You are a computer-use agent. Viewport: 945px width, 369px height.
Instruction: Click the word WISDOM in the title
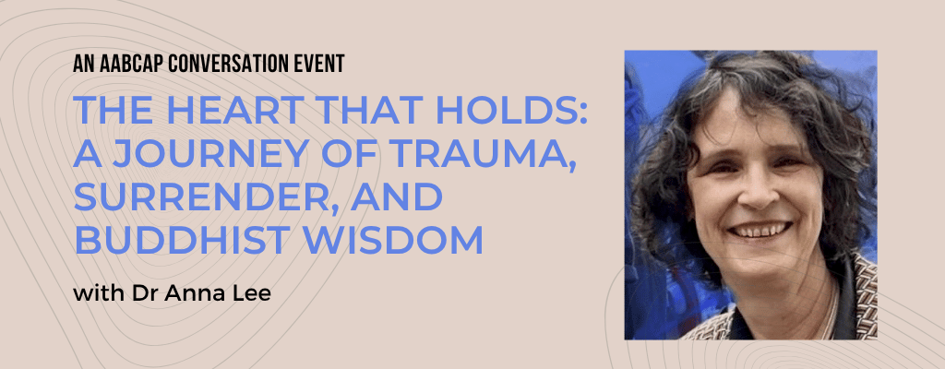393,239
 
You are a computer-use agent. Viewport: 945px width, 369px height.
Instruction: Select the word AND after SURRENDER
397,197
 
